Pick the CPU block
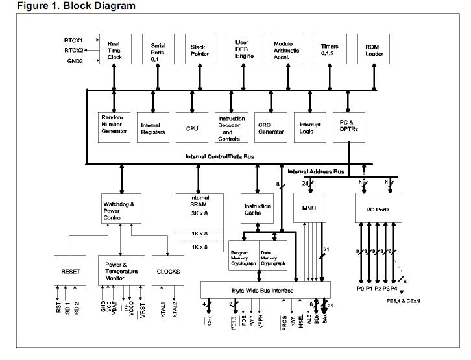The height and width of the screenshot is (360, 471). coord(192,128)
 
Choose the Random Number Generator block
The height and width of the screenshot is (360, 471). coord(114,125)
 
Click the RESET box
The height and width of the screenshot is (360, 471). coord(71,272)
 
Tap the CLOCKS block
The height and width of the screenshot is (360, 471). coord(168,272)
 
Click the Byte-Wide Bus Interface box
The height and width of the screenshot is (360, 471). coord(265,290)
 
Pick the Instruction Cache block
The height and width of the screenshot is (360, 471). coord(258,209)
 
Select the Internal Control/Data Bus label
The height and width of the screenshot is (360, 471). coord(219,156)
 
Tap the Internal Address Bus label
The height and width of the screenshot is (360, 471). coord(316,171)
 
